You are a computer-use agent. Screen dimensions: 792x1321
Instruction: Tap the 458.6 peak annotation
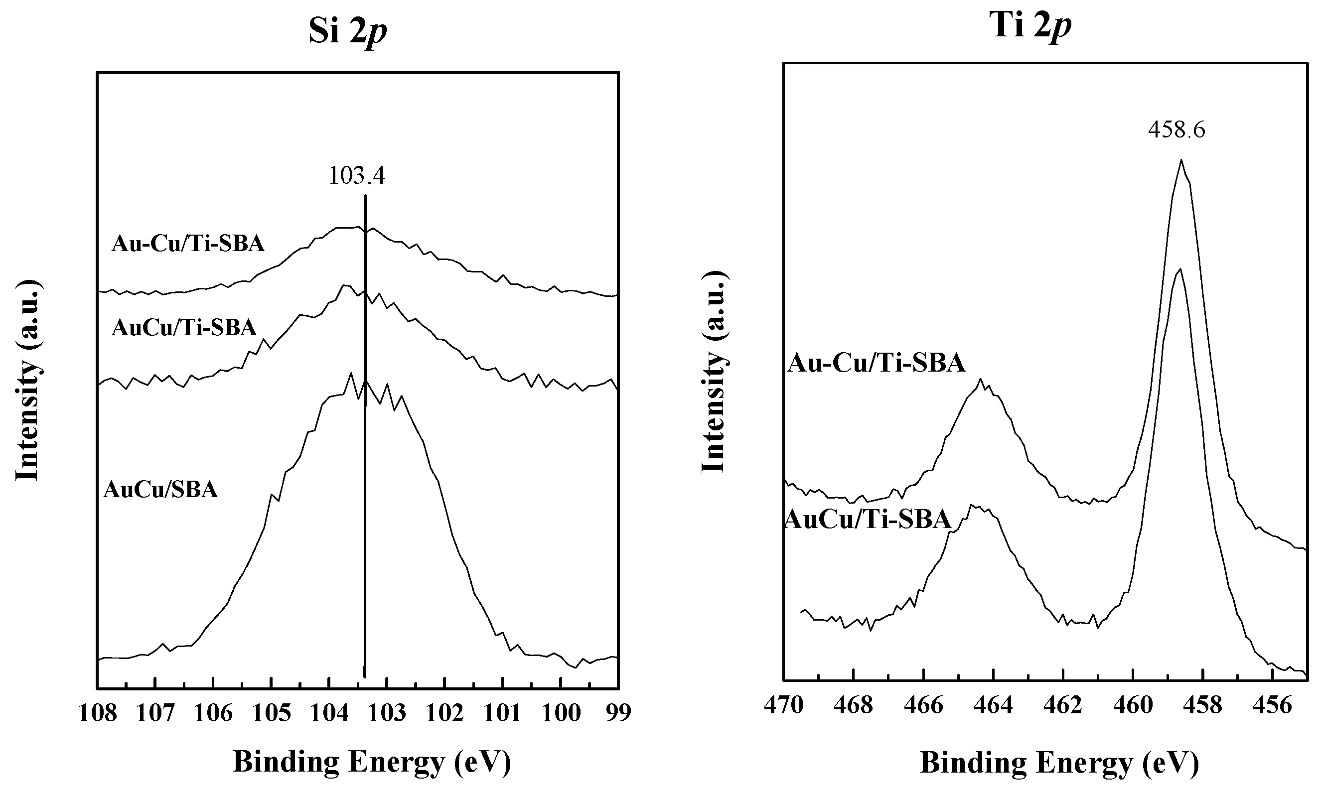(1176, 130)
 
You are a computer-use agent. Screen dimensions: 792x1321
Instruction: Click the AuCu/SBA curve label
(160, 489)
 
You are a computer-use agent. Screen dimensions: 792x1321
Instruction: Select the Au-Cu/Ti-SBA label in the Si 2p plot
(188, 244)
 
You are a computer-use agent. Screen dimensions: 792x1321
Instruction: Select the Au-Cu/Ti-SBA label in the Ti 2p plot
(877, 364)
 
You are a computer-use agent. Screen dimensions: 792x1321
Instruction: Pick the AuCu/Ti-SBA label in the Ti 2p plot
(869, 519)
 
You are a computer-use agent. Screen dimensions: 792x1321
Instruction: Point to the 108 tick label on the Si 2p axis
(98, 713)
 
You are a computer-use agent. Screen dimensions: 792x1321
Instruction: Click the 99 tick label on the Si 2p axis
(618, 713)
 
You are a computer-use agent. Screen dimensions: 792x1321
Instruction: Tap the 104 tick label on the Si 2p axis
(329, 713)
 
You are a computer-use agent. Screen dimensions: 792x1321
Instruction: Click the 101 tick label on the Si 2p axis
(502, 713)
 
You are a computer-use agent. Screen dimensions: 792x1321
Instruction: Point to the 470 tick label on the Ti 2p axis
(783, 705)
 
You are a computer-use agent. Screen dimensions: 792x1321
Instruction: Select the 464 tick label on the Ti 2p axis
(993, 705)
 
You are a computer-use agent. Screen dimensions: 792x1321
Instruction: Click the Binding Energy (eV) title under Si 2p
(372, 762)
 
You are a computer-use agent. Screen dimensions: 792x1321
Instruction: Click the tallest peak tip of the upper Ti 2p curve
(1181, 159)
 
